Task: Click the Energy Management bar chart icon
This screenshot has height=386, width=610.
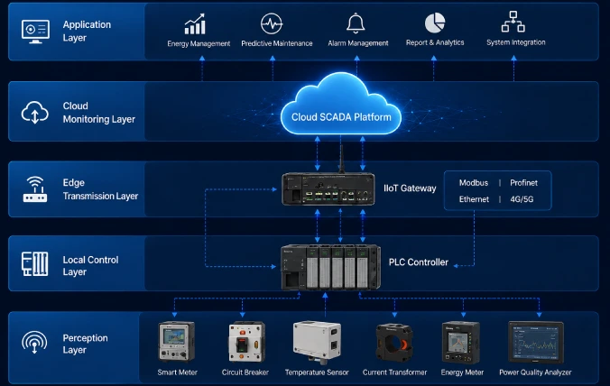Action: point(195,24)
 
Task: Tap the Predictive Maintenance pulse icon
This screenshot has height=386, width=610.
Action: point(271,23)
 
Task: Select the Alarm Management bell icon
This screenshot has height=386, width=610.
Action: point(356,23)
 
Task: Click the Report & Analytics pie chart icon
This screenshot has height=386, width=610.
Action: point(435,23)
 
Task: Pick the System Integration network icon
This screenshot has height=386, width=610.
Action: point(513,22)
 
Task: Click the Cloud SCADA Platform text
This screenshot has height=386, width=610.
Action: point(341,117)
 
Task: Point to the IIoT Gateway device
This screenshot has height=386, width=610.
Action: point(328,188)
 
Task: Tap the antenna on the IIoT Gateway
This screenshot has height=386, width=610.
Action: point(342,159)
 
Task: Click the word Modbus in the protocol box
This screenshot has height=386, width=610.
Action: point(474,183)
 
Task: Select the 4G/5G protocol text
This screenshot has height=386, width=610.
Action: point(522,199)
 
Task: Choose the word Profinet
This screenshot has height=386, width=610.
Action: point(523,183)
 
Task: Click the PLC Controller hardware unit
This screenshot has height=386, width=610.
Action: point(330,267)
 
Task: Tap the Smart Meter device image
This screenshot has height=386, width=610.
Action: point(177,342)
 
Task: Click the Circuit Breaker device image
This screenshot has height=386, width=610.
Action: point(245,342)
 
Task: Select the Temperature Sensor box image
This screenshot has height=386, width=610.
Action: point(317,342)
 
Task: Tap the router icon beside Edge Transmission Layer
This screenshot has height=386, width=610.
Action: point(35,189)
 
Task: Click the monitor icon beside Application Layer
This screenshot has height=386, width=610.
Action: point(35,32)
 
